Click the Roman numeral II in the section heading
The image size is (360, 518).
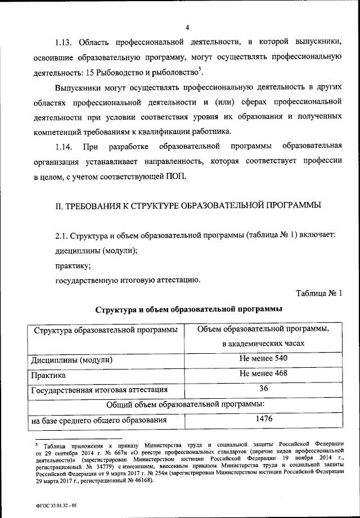tap(58, 206)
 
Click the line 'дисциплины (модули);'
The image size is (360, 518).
tap(96, 250)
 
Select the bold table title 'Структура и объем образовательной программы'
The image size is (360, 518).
tap(188, 309)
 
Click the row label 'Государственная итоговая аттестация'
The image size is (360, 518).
tap(99, 389)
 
